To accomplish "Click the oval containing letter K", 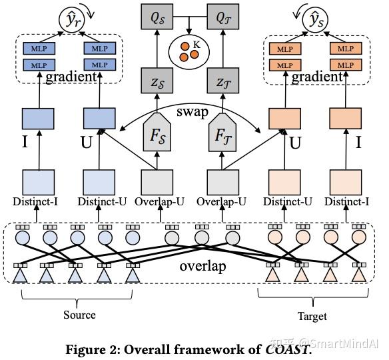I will (191, 49).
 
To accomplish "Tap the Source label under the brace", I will (79, 315).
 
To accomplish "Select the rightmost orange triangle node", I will (360, 275).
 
